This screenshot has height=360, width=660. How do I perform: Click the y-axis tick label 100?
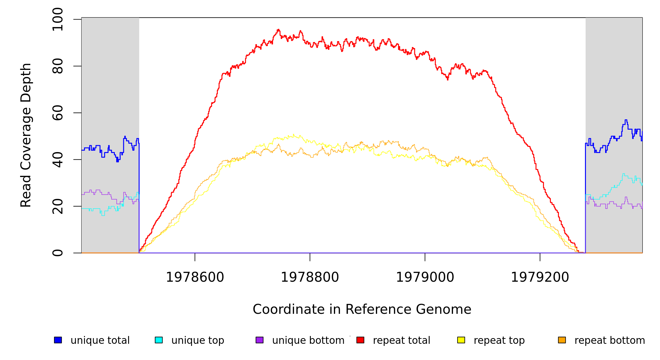(x=57, y=19)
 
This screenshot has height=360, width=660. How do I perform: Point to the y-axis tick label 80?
(x=57, y=66)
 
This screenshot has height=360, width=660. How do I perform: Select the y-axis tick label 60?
(x=57, y=113)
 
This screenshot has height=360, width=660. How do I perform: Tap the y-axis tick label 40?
(x=57, y=160)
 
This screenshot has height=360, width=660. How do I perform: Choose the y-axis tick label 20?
(x=57, y=206)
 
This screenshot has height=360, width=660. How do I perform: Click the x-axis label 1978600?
(x=195, y=277)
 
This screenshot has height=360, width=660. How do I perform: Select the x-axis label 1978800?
(x=310, y=277)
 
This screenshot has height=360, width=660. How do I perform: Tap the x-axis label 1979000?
(x=425, y=277)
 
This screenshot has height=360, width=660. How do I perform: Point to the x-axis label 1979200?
(x=540, y=277)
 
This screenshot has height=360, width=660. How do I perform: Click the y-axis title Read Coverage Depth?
(x=26, y=135)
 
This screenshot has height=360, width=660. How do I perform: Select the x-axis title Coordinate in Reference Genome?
(x=362, y=309)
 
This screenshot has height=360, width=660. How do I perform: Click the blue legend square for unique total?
(x=58, y=340)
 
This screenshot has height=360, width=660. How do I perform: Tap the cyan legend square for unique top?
(x=159, y=340)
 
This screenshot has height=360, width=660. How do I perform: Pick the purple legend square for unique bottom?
(x=259, y=340)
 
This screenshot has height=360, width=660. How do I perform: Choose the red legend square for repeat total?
(x=360, y=340)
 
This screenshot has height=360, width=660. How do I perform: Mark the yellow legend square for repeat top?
(x=461, y=340)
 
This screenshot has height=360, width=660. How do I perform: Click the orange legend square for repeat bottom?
(x=562, y=340)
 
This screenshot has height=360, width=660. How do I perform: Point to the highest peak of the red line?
(x=278, y=29)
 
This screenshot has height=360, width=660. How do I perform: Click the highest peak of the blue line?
(x=626, y=120)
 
